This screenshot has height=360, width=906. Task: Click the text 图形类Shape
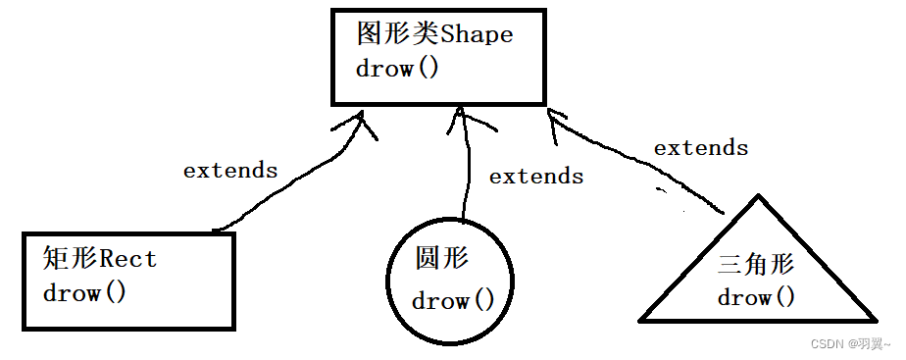[x=434, y=34]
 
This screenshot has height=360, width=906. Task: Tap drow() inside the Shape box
[x=397, y=70]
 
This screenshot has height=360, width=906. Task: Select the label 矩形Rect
[x=100, y=259]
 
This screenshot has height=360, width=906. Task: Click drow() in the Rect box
[x=84, y=292]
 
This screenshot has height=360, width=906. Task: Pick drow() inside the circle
[x=453, y=301]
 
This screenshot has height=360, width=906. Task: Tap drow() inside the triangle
[x=755, y=297]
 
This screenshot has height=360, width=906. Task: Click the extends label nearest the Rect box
[x=230, y=170]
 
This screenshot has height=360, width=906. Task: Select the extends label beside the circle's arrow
[x=536, y=177]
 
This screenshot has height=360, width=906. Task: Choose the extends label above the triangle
[x=701, y=148]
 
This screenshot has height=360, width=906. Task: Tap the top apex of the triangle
[x=756, y=198]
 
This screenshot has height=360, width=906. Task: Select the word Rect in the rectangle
[x=128, y=259]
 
